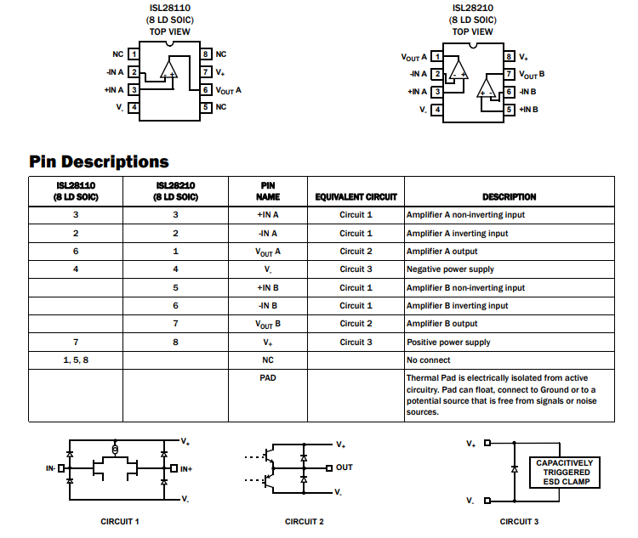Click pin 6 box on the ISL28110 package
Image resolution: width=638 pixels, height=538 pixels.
(x=206, y=90)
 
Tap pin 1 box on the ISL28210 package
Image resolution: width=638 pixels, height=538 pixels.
(x=437, y=57)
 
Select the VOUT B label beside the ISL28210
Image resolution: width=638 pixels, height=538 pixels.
(x=532, y=75)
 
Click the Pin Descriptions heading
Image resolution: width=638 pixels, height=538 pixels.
(x=99, y=161)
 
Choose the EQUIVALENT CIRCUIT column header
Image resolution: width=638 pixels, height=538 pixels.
(x=356, y=197)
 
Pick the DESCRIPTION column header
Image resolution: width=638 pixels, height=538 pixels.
(x=509, y=197)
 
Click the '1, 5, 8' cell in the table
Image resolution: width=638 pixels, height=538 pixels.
(x=76, y=360)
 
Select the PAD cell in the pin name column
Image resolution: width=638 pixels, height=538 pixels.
(x=268, y=377)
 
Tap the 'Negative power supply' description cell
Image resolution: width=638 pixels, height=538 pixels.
(x=450, y=269)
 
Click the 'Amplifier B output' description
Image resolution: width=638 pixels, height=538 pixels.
(x=441, y=324)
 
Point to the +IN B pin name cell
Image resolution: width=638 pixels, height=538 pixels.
(x=268, y=288)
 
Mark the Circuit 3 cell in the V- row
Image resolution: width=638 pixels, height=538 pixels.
(x=356, y=269)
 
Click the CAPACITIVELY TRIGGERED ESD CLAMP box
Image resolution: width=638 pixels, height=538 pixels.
(x=564, y=472)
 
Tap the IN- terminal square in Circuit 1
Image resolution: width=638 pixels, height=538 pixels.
(x=61, y=468)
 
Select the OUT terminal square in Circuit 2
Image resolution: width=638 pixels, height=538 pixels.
(x=329, y=468)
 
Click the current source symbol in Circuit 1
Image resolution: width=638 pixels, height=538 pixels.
(x=115, y=450)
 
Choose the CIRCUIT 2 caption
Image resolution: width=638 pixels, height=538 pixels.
(x=304, y=521)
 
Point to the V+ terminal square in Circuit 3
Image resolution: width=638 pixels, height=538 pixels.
(x=487, y=443)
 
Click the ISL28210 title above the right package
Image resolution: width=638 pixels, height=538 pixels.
(x=472, y=8)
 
